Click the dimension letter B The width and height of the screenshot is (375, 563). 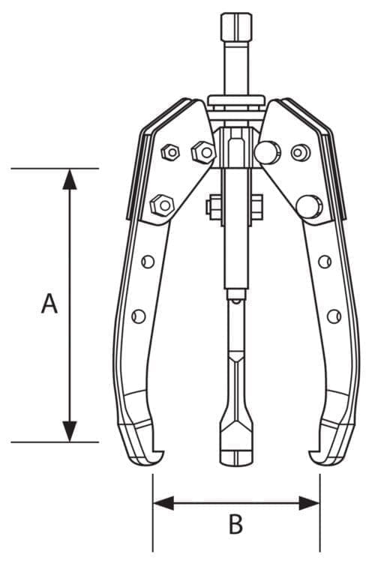(x=235, y=523)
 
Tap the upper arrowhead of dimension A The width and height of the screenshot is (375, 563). (x=70, y=179)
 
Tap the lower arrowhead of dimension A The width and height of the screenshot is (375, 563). (x=70, y=431)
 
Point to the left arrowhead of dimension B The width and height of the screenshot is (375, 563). (x=163, y=503)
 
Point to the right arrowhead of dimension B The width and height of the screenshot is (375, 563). (x=309, y=503)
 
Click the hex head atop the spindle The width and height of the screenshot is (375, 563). (x=236, y=27)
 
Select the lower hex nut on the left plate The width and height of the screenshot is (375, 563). (x=162, y=205)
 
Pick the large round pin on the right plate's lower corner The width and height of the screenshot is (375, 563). (x=309, y=207)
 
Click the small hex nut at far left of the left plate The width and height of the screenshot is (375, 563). (x=170, y=153)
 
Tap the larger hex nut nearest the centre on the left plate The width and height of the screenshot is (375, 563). (x=203, y=153)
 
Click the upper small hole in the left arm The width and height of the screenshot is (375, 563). (x=148, y=262)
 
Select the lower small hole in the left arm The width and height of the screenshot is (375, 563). (x=139, y=316)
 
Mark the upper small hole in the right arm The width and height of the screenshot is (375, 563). (x=325, y=262)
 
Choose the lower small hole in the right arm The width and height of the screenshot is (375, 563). (x=334, y=316)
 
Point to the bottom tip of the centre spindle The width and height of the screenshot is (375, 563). (x=236, y=466)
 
